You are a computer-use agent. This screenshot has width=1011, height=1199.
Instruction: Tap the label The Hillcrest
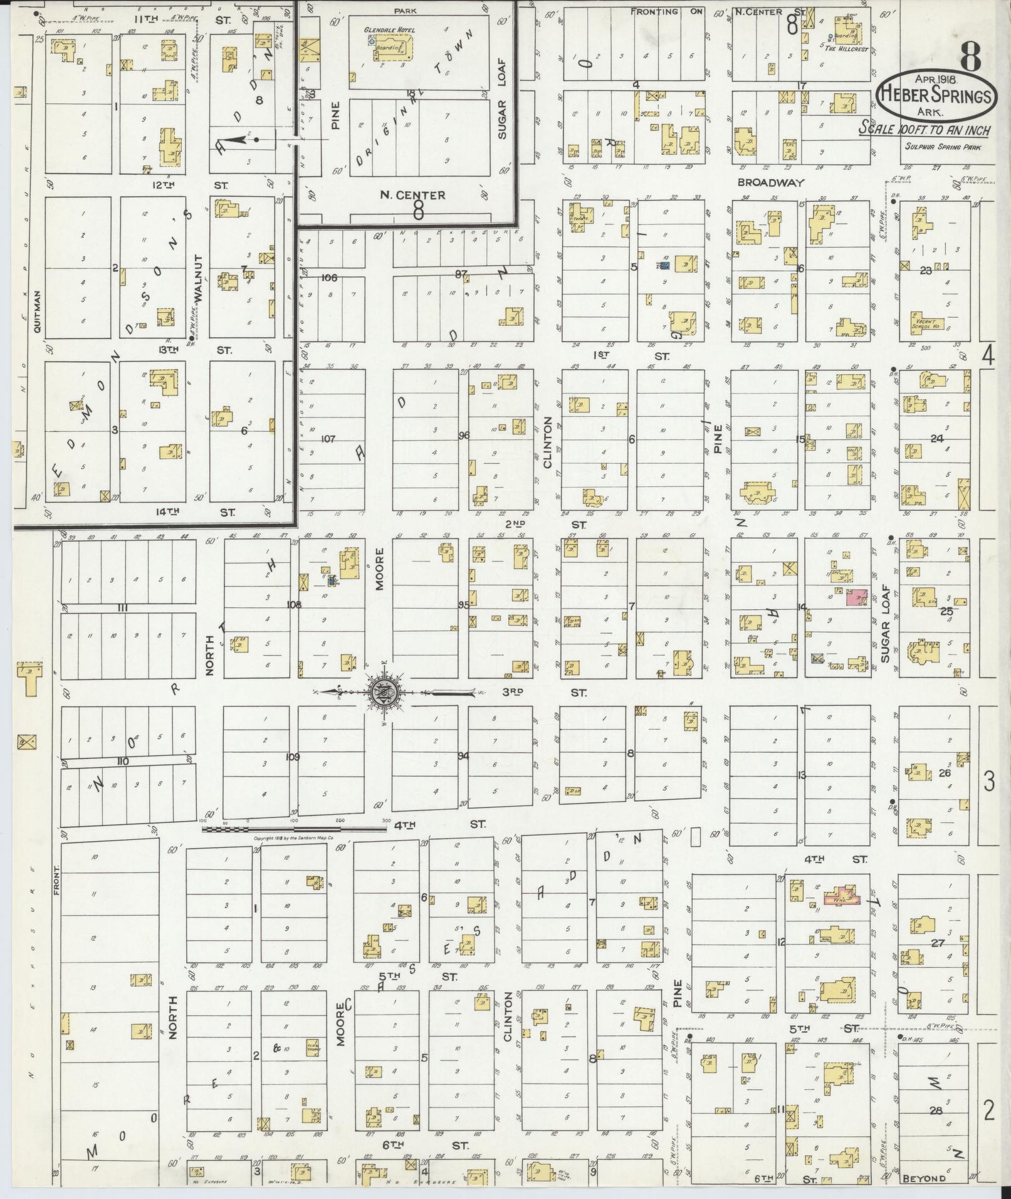846,48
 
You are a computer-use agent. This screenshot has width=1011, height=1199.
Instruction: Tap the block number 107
328,439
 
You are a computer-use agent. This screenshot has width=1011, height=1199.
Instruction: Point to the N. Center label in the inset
403,196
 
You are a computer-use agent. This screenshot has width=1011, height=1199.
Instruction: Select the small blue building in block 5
665,265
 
